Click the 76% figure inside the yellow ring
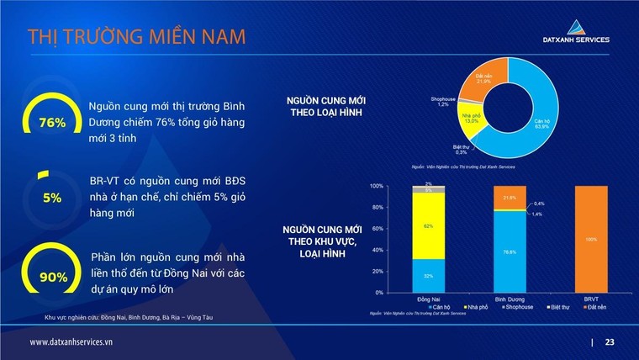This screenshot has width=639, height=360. [52, 123]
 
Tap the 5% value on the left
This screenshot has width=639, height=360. [52, 199]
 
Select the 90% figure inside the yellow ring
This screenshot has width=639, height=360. [52, 276]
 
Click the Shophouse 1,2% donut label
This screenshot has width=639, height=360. [443, 102]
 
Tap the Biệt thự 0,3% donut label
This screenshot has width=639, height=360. [461, 150]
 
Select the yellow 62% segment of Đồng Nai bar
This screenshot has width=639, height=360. [429, 226]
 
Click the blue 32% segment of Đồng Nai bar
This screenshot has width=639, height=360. [429, 275]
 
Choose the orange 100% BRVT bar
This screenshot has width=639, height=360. [593, 239]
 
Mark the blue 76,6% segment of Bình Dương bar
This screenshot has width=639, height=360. [510, 251]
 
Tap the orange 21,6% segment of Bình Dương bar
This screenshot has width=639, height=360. [510, 198]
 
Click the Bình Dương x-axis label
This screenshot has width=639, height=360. [510, 299]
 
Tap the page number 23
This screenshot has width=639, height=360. [610, 342]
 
